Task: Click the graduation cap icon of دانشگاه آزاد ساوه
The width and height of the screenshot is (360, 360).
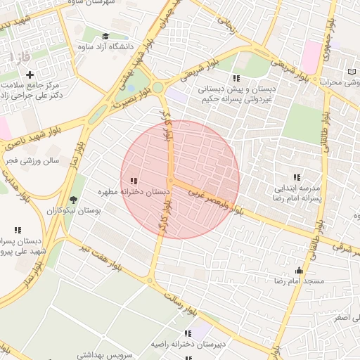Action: pos(105,36)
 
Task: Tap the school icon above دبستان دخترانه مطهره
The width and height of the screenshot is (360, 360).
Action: pos(134,181)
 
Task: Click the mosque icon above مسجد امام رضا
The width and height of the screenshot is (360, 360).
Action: pos(300,270)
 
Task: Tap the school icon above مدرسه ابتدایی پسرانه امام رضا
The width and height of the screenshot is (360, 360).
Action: pos(297,177)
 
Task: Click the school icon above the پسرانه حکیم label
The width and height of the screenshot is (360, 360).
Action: pos(236,78)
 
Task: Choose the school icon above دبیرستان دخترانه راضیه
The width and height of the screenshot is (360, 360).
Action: pos(188,333)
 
